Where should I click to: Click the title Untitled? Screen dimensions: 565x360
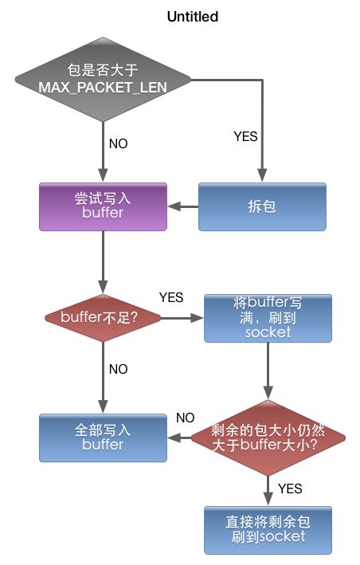point(192,16)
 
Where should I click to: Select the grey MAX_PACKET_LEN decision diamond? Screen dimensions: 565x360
point(104,79)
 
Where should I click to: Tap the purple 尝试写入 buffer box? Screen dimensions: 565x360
point(104,207)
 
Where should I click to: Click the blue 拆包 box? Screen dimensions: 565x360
point(262,207)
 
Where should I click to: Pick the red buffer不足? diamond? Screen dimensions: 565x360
point(104,317)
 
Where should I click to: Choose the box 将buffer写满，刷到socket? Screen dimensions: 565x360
point(268,318)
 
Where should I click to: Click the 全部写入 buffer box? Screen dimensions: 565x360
point(104,437)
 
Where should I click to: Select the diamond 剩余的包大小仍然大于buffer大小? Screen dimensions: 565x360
point(268,437)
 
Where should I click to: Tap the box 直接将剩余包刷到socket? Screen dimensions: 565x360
point(268,530)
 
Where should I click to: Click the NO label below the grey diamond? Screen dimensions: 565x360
point(118,144)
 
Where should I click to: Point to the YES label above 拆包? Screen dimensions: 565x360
point(245,136)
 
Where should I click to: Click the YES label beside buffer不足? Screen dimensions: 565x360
point(171,297)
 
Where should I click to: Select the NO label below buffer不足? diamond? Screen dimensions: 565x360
point(118,370)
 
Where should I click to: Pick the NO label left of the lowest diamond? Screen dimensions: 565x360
point(185,418)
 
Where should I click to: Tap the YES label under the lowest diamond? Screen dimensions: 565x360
point(290,487)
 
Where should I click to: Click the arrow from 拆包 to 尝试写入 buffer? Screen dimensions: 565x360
point(182,207)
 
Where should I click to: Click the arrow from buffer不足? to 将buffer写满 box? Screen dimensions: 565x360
point(183,317)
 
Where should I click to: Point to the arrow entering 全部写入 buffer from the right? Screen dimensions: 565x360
point(179,437)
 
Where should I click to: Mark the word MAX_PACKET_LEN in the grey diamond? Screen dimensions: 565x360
point(104,86)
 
